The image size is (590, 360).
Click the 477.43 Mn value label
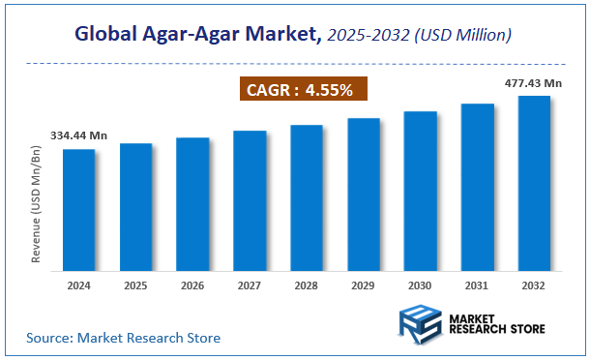pos(532,84)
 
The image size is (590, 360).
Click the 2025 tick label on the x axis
pos(136,285)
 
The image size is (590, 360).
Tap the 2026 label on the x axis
pos(193,285)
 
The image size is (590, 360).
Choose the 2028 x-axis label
pos(307,285)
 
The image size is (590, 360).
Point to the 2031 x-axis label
pos(477,285)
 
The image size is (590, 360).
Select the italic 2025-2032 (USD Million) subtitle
pos(419,36)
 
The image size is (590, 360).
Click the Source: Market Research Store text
pos(124,338)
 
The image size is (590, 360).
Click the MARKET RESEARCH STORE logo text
pos(496,322)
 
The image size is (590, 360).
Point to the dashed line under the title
pos(295,63)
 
